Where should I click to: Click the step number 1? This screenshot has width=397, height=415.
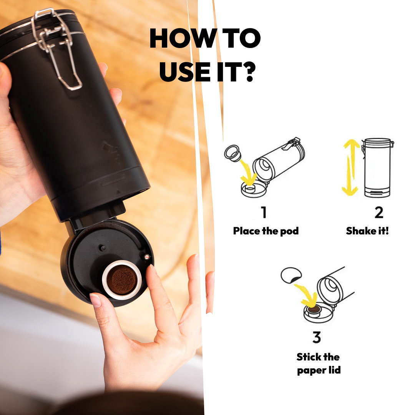[264, 212]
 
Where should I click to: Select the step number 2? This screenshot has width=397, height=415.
[379, 212]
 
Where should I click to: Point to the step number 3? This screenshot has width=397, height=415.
[317, 337]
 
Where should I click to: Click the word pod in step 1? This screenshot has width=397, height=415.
[289, 231]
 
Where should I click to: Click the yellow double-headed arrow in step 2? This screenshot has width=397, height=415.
[351, 167]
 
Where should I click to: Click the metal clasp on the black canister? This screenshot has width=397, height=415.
[56, 48]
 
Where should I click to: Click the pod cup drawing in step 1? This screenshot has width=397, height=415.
[233, 153]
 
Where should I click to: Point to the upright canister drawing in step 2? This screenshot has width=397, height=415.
[377, 168]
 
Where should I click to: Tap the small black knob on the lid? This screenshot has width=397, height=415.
[103, 248]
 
